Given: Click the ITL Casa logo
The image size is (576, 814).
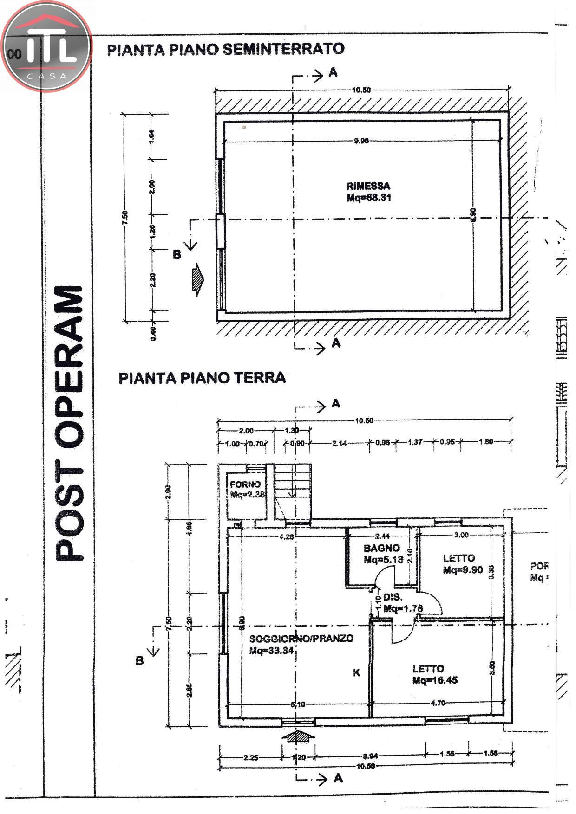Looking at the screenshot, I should (x=46, y=46).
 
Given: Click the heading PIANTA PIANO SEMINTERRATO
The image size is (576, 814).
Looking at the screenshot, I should (x=226, y=49).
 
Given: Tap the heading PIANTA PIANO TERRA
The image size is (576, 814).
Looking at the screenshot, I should (x=202, y=378).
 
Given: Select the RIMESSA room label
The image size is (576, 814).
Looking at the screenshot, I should (x=368, y=186).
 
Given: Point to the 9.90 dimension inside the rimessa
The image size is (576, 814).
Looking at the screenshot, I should (x=361, y=141).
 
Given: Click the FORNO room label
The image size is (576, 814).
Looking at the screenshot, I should (x=245, y=485).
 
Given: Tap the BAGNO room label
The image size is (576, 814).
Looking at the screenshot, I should (x=381, y=548).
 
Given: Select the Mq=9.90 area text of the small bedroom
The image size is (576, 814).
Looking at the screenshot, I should (x=463, y=570).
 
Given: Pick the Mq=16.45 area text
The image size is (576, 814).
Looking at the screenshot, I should (x=435, y=680).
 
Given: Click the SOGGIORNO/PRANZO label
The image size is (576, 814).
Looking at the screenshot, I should (x=301, y=639).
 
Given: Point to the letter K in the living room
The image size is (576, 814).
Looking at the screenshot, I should (x=356, y=672).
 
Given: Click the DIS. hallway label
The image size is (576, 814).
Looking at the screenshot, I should (x=393, y=597).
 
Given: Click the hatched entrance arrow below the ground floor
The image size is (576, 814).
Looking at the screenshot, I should (x=298, y=736).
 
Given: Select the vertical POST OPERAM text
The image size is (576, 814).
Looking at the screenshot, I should (x=70, y=422).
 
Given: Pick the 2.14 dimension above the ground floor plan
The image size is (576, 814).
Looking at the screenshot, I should (x=340, y=443).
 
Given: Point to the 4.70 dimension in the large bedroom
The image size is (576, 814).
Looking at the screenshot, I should (x=438, y=703).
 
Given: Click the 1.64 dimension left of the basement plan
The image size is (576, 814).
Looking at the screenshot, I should (x=153, y=136).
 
